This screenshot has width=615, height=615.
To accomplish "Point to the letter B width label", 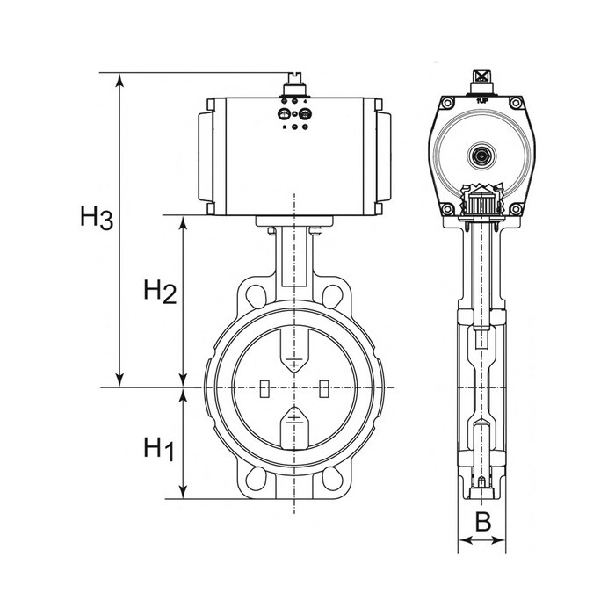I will pyautogui.click(x=481, y=520).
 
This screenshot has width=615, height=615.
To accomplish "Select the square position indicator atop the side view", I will pyautogui.click(x=481, y=77).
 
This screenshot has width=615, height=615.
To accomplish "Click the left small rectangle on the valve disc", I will pyautogui.click(x=264, y=387).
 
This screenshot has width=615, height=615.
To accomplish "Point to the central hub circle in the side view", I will pyautogui.click(x=481, y=156).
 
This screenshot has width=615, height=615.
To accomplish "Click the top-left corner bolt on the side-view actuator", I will pyautogui.click(x=447, y=105).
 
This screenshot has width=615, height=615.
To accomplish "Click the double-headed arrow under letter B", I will pyautogui.click(x=481, y=541).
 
